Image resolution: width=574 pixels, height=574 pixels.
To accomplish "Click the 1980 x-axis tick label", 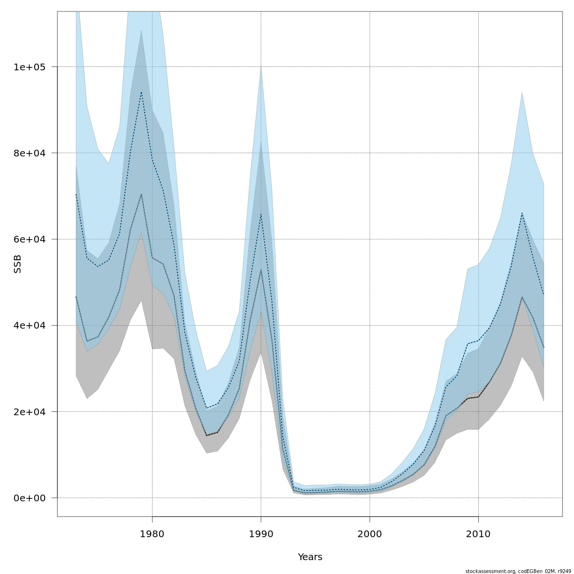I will [x=152, y=533].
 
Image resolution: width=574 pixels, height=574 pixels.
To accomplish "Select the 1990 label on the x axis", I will [x=261, y=533].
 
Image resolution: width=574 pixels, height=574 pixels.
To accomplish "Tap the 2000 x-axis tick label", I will [x=370, y=533].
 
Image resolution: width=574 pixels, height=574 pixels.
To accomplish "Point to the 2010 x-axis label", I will [x=478, y=533].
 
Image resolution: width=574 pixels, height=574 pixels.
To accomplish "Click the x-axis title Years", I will [x=310, y=557].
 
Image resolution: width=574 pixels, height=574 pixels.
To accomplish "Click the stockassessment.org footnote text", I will [x=518, y=571].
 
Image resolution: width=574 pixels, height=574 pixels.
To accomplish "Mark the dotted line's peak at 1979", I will [x=141, y=92].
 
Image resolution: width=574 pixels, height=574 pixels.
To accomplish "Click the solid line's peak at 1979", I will [x=141, y=194].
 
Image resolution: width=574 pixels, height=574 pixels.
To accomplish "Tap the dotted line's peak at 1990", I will [x=261, y=214].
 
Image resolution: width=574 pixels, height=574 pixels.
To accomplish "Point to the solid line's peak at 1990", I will [x=261, y=270].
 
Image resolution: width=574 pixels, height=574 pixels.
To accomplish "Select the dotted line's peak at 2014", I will [x=522, y=213].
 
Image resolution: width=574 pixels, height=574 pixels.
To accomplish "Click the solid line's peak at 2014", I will [x=522, y=297].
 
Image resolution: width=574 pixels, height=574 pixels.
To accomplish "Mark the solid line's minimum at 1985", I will [x=207, y=435].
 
